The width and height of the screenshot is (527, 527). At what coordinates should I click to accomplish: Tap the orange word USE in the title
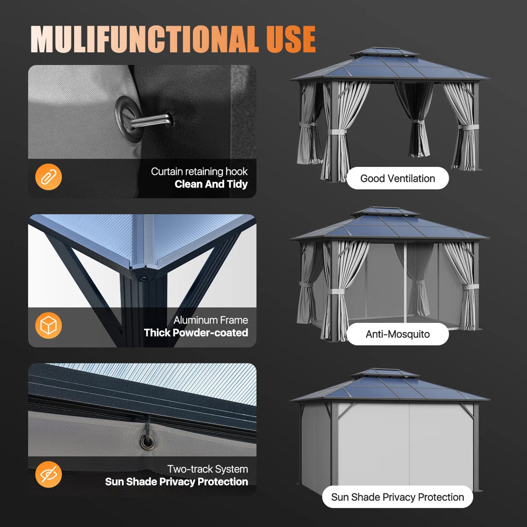(x=291, y=40)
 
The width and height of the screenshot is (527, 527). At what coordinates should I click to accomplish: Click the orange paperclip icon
(x=48, y=177)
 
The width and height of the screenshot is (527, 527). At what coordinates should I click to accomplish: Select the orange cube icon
(x=48, y=325)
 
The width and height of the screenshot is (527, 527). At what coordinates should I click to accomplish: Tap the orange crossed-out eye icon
(x=48, y=474)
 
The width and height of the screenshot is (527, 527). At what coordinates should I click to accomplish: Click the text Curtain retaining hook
(x=199, y=171)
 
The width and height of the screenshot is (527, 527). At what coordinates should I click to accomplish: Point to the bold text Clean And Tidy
(x=211, y=184)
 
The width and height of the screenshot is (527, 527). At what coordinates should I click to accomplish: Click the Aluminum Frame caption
(x=210, y=320)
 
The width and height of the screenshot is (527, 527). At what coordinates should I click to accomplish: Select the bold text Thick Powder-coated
(x=196, y=333)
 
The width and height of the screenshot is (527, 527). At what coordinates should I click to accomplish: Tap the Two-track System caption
(x=207, y=469)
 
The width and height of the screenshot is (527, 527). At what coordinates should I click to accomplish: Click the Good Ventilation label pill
(x=397, y=178)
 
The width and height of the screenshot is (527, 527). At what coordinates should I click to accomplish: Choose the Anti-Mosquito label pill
(x=397, y=334)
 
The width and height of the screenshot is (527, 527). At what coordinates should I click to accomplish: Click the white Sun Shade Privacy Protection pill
(x=397, y=497)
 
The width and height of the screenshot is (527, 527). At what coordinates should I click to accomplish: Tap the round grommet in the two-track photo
(x=146, y=442)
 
